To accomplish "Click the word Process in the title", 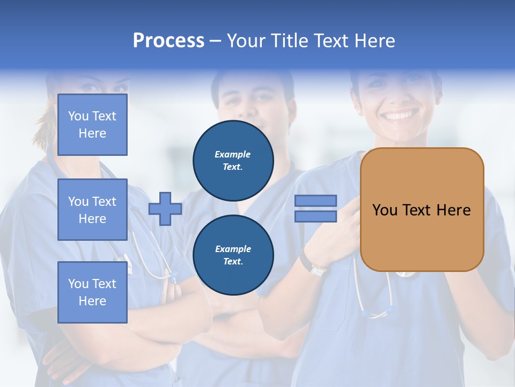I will coord(168,41).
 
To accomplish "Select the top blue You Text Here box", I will coord(92,125).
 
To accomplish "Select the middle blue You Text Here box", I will coord(92,210).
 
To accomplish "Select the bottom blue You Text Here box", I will coord(92,292).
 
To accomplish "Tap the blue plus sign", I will coord(165,209).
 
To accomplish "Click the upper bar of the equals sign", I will coord(315,201).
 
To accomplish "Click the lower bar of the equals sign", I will coord(315,217).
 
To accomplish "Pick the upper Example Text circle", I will coord(233,160).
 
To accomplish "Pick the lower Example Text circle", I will coord(233,255).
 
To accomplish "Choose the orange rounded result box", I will coord(422,210).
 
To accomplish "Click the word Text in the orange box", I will coord(416,210).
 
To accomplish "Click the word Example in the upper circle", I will coord(233,154).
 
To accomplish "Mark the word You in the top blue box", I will coord(78,116).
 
